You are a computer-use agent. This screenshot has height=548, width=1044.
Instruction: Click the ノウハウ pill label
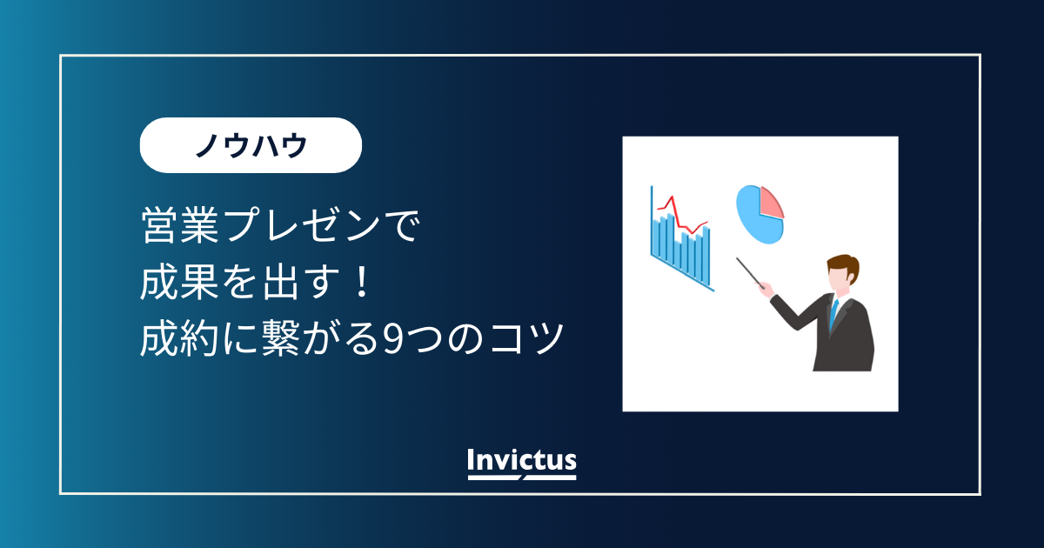tap(251, 145)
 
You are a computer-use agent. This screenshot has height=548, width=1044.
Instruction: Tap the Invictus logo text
tap(522, 460)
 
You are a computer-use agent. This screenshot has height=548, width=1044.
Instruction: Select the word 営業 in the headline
tap(180, 225)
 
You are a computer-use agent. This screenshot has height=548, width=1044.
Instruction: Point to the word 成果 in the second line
tap(180, 282)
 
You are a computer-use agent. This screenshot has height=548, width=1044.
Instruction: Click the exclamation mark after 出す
tap(362, 282)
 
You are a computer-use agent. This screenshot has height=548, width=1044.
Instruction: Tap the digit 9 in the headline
tap(391, 338)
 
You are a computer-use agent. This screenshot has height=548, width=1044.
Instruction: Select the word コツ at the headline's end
tap(527, 338)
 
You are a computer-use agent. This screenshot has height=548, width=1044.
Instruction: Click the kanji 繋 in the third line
tap(280, 338)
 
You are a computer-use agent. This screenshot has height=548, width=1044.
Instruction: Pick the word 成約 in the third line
tap(180, 338)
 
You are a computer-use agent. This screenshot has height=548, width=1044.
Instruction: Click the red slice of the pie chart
tap(771, 202)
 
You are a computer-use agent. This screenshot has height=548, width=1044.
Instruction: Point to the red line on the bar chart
tap(681, 216)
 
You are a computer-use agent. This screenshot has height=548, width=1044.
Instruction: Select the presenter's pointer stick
tap(750, 273)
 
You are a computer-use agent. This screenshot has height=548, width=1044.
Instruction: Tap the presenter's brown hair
tap(845, 265)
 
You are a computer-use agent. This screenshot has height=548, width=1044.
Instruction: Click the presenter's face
tap(838, 279)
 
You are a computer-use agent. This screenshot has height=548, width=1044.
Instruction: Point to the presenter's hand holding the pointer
tap(766, 291)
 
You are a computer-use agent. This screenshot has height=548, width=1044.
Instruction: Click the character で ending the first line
tap(403, 226)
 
